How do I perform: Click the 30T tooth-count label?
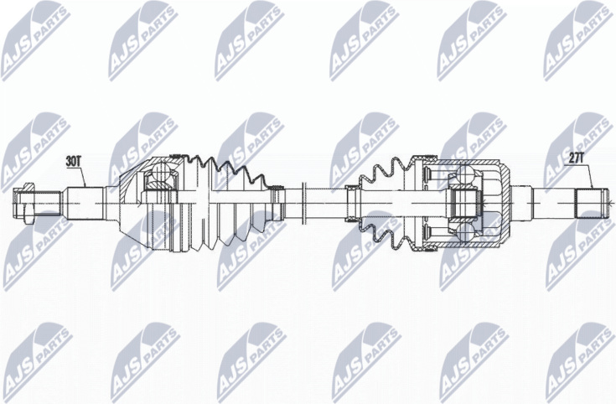[x=73, y=161]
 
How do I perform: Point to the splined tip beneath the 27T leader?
[x=590, y=203]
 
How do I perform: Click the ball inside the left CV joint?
[x=160, y=172]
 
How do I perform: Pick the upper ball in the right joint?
[x=466, y=174]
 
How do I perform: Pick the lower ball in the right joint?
[x=466, y=232]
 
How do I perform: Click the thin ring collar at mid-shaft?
[x=303, y=203]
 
